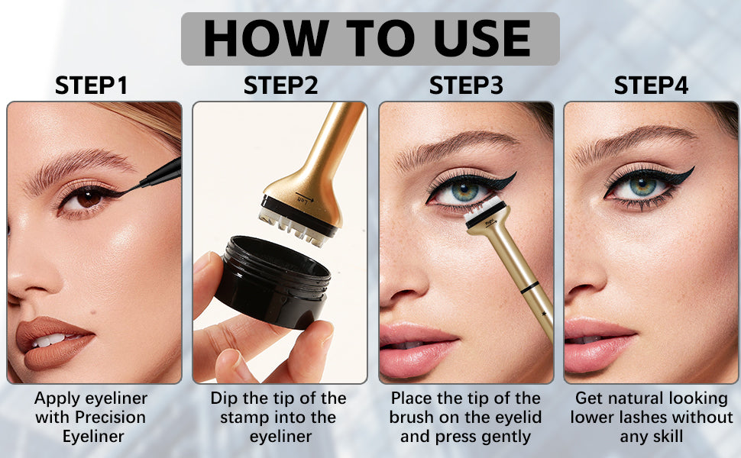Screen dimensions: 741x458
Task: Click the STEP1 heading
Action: (x=91, y=85)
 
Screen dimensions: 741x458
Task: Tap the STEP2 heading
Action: (x=280, y=85)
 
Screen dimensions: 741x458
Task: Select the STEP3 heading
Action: (x=466, y=85)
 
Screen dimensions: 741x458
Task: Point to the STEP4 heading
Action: (x=651, y=85)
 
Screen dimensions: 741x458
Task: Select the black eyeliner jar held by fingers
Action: (x=272, y=282)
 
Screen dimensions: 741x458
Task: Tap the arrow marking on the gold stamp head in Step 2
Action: (x=305, y=198)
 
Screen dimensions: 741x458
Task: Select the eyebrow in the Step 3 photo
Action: (x=456, y=147)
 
